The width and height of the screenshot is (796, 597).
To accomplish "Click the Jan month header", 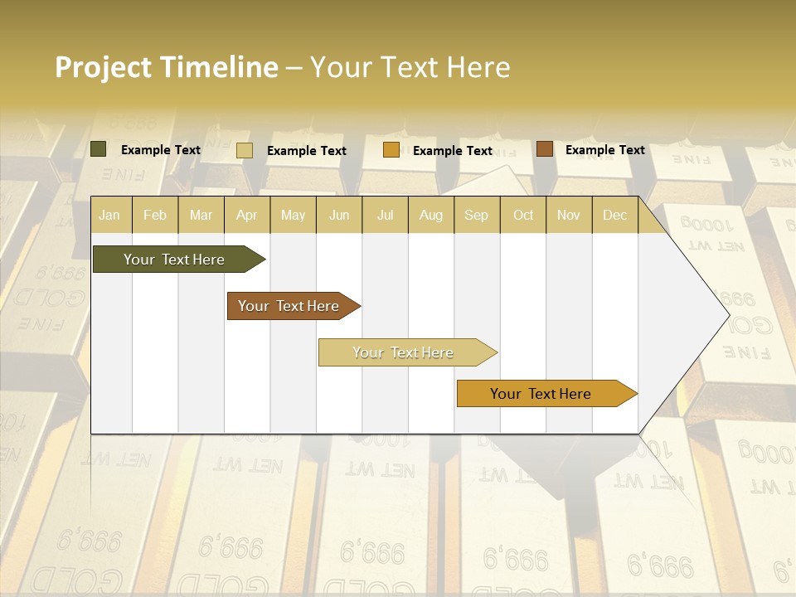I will point(109,215).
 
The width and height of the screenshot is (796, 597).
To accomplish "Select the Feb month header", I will point(155,215).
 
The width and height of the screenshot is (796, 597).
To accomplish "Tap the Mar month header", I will point(201,215).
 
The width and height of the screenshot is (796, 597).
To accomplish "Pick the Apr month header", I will point(247,215).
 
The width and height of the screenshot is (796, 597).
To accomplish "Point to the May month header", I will point(293,215).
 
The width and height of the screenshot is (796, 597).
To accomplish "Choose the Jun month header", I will point(339,215).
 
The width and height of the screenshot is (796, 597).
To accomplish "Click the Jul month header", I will point(385,215).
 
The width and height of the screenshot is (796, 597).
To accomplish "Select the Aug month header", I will point(431,215).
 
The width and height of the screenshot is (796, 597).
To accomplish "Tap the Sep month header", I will point(477,215).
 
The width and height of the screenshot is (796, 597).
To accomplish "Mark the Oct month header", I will point(523,215).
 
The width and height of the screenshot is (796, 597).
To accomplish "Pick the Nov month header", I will point(569,215).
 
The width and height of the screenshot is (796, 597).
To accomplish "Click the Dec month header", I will point(615,215).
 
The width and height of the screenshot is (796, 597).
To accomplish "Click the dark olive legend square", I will point(99,149).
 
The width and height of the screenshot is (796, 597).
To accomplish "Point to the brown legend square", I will point(545,149).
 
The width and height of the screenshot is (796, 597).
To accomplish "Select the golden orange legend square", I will point(391,150).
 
